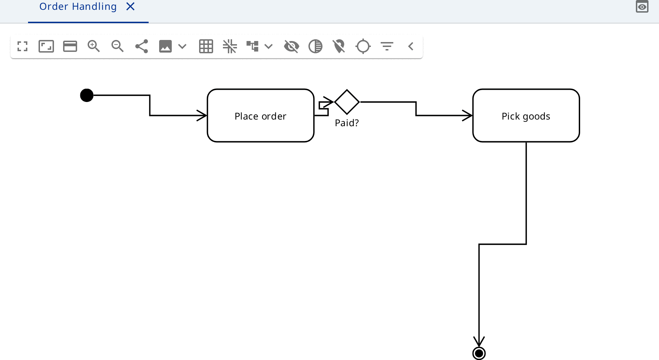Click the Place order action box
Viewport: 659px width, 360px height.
(x=260, y=116)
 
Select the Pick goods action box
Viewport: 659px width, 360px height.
(x=526, y=116)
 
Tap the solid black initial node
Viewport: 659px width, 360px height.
(x=87, y=95)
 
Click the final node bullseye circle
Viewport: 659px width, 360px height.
(x=479, y=353)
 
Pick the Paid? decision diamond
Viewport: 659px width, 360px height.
(x=347, y=102)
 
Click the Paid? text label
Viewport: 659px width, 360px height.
(x=347, y=123)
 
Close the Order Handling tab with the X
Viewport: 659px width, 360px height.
(x=130, y=6)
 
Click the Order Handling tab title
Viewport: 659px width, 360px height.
(x=78, y=6)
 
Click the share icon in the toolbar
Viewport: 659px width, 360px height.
(x=142, y=46)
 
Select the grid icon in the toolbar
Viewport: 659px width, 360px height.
(x=206, y=46)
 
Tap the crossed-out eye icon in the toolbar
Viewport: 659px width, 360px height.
(x=292, y=46)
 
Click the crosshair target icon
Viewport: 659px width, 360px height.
(x=363, y=46)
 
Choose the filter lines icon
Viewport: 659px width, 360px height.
(x=387, y=46)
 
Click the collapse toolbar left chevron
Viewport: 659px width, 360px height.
(x=411, y=46)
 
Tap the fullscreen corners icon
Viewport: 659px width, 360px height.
(x=22, y=46)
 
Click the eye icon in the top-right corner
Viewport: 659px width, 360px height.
(x=642, y=7)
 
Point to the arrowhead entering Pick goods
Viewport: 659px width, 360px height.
(x=468, y=115)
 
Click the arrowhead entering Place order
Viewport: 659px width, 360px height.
(x=202, y=115)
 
